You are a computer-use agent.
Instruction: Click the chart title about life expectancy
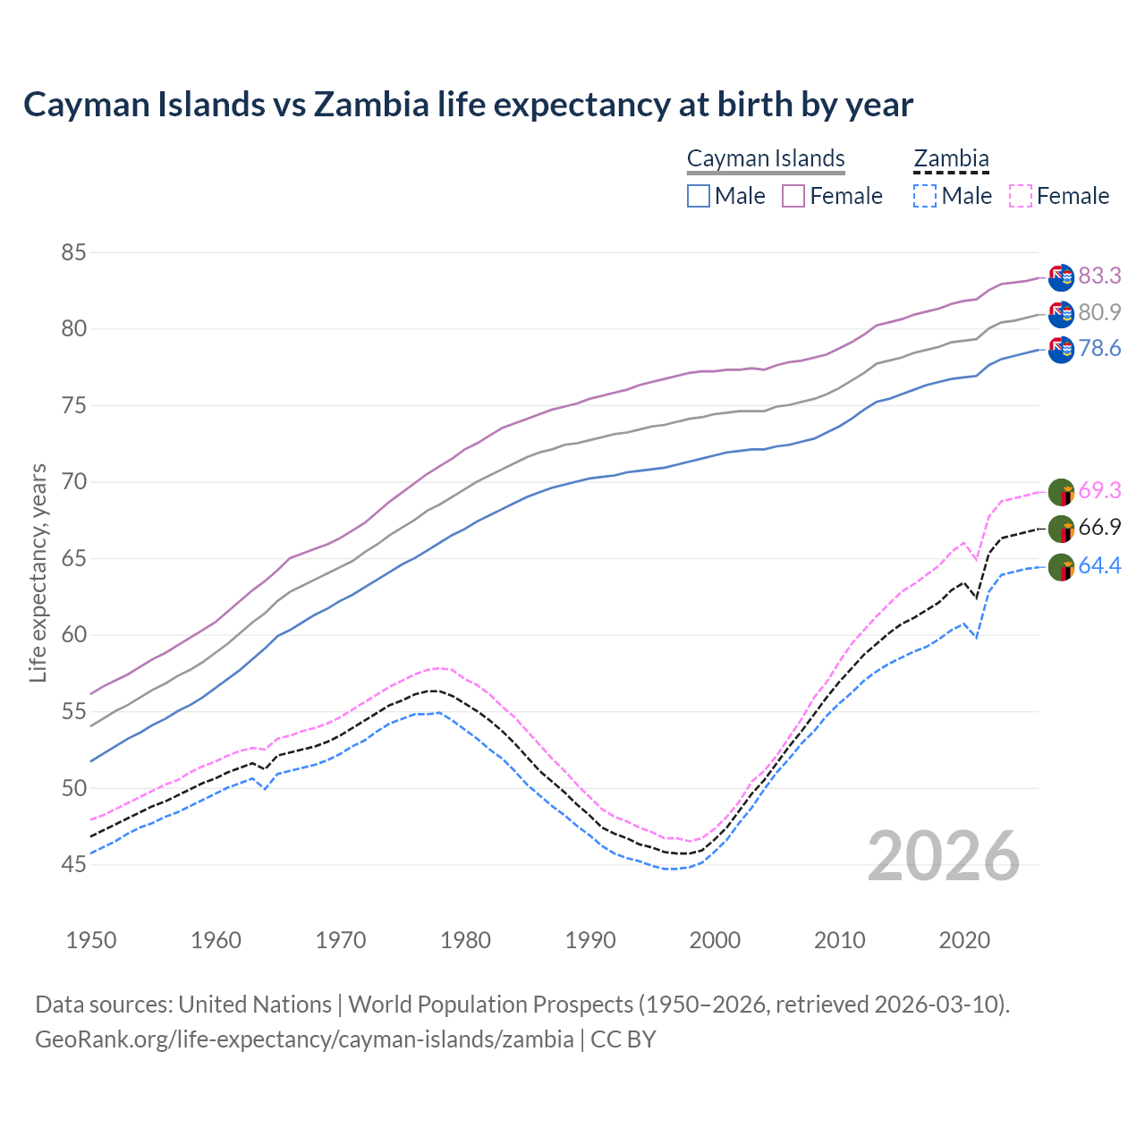point(468,105)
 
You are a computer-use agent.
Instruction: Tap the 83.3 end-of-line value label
point(1099,276)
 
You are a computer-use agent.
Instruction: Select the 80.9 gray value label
point(1099,312)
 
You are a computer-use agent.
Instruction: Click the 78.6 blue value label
point(1099,349)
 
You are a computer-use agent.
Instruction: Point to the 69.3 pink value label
point(1099,490)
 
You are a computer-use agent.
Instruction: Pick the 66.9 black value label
point(1099,528)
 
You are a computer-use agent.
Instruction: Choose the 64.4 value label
point(1099,565)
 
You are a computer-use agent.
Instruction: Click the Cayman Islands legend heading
point(766,158)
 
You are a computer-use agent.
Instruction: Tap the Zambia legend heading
point(951,158)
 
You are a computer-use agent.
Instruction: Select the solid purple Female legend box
point(793,196)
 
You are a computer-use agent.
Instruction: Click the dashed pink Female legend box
point(1021,196)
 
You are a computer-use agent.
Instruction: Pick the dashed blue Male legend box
point(925,196)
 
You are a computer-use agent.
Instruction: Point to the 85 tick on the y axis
point(73,253)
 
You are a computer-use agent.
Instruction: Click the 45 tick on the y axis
point(73,864)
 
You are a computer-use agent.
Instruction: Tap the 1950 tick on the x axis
point(91,940)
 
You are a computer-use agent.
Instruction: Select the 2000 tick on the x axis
point(716,940)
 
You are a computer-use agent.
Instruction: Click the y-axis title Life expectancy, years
point(38,572)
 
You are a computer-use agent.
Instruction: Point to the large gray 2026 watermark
point(944,856)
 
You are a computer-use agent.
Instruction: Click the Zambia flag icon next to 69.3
point(1061,491)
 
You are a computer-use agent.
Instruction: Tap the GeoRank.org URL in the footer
point(304,1039)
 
